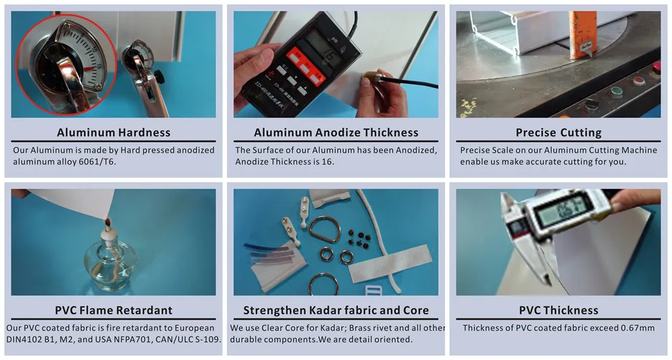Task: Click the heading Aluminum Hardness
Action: tap(114, 132)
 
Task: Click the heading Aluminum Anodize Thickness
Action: tap(336, 132)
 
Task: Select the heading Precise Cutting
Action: tap(558, 132)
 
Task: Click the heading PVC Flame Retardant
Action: tap(114, 310)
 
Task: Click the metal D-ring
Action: tap(325, 229)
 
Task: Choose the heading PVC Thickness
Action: tap(558, 310)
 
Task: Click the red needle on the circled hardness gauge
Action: tap(88, 69)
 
